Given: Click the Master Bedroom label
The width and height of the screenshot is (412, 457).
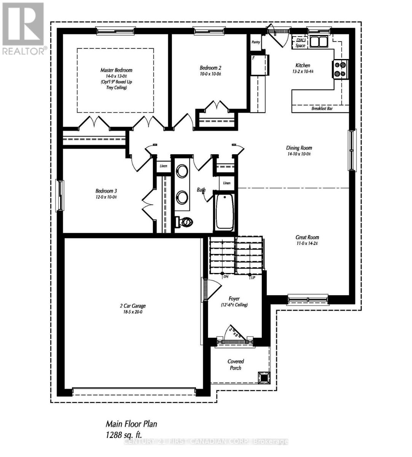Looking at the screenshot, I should (x=116, y=70).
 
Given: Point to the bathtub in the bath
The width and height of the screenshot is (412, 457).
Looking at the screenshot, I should (x=224, y=212).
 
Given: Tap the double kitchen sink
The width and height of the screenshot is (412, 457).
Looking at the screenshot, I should (x=319, y=41).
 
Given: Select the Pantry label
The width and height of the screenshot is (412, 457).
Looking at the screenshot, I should (x=256, y=42).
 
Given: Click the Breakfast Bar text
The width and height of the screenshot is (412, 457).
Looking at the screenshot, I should (x=322, y=109).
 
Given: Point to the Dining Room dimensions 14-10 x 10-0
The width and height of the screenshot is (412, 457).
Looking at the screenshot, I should (x=299, y=154).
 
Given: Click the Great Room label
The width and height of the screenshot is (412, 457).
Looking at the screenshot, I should (x=307, y=237).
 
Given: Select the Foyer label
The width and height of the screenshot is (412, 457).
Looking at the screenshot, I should (x=234, y=299).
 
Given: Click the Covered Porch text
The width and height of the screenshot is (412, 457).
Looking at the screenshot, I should (x=235, y=364).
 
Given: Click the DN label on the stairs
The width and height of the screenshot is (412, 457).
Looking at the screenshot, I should (x=226, y=277).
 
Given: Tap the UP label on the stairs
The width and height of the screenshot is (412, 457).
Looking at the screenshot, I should (x=253, y=278).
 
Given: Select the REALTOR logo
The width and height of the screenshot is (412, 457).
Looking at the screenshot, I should (x=24, y=29).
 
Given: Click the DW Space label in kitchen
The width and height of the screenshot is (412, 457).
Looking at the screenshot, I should (x=300, y=43).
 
